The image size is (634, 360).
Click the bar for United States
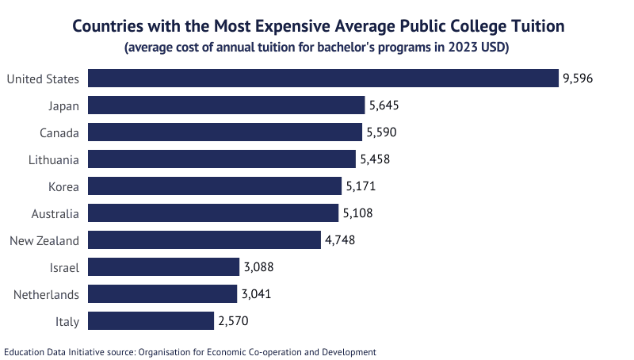click(x=323, y=79)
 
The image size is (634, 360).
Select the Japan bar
click(x=226, y=105)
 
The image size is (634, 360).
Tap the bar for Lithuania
click(x=222, y=159)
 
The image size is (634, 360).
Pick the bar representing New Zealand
click(x=204, y=240)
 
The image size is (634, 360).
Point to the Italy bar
click(x=151, y=320)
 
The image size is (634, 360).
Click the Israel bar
click(x=163, y=266)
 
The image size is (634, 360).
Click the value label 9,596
click(x=578, y=79)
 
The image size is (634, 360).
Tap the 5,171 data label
click(x=360, y=186)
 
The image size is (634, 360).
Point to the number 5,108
click(x=357, y=213)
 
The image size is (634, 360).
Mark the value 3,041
click(x=257, y=294)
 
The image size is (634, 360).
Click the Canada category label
click(x=59, y=132)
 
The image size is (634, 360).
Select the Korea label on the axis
click(x=63, y=186)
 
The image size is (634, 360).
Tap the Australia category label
click(x=55, y=213)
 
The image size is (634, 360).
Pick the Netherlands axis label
click(x=47, y=294)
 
